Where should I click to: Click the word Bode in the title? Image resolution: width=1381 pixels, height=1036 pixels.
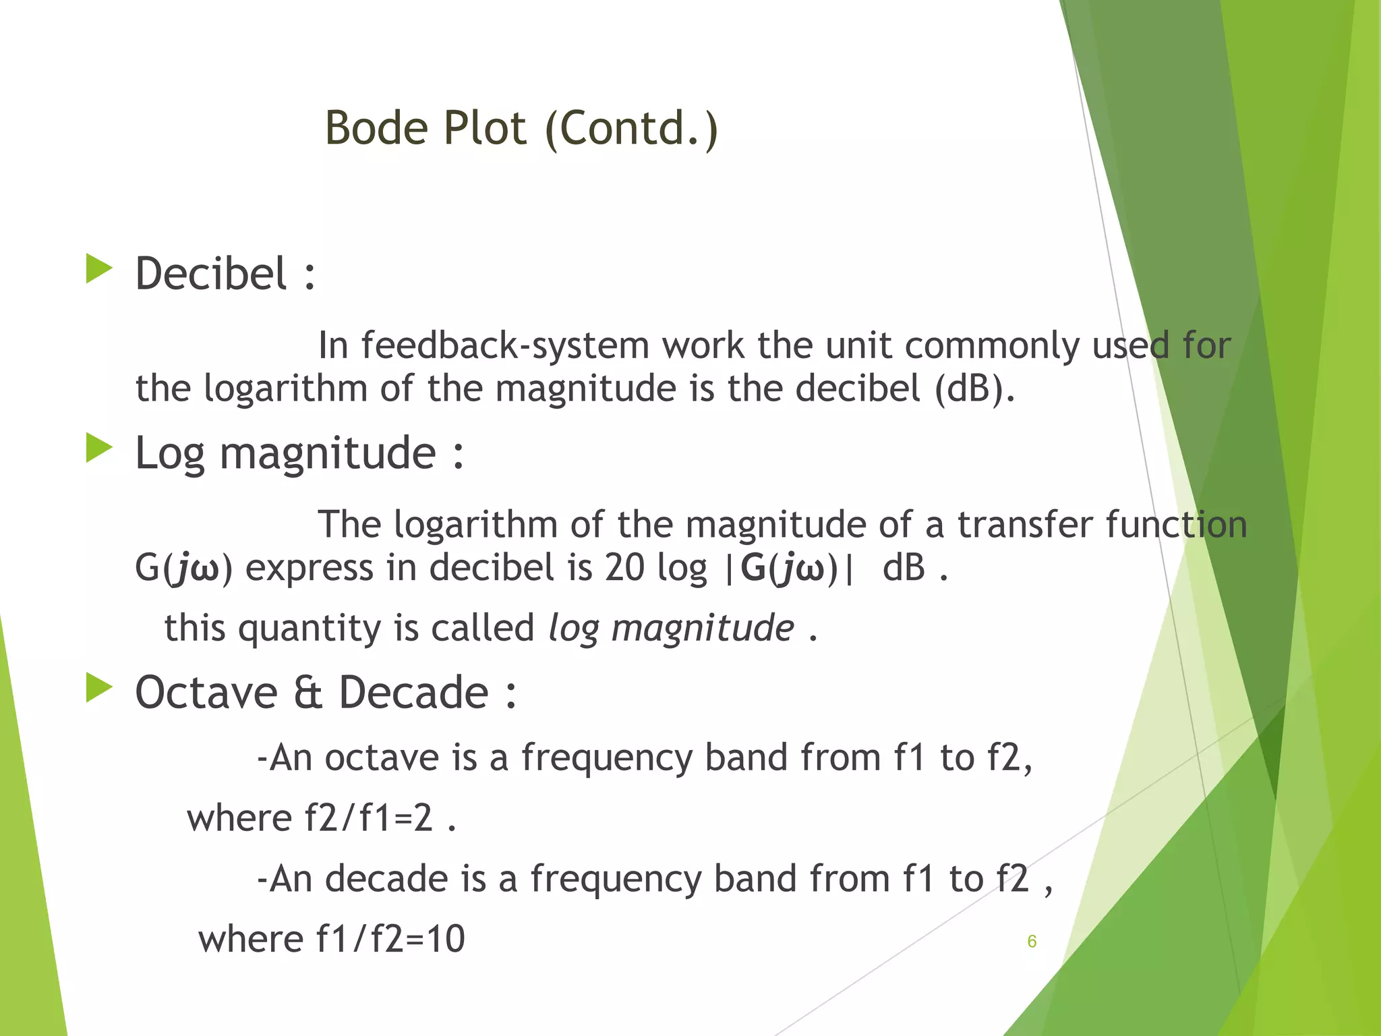pyautogui.click(x=376, y=128)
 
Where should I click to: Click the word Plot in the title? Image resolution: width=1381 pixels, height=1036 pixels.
pyautogui.click(x=483, y=128)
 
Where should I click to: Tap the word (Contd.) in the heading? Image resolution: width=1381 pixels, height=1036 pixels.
pyautogui.click(x=631, y=128)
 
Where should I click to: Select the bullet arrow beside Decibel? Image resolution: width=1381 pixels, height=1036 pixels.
pyautogui.click(x=99, y=269)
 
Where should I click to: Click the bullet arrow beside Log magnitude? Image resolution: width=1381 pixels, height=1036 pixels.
pyautogui.click(x=99, y=449)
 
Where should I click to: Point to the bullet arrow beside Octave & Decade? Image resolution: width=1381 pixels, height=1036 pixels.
pyautogui.click(x=99, y=688)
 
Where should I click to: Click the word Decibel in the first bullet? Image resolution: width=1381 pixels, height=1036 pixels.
pyautogui.click(x=211, y=274)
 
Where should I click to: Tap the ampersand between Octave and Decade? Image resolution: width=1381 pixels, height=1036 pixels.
pyautogui.click(x=307, y=693)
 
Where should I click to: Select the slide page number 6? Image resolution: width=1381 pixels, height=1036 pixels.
pyautogui.click(x=1032, y=942)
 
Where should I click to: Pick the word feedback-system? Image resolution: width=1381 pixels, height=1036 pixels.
pyautogui.click(x=506, y=345)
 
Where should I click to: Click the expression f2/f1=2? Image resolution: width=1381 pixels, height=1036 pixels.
pyautogui.click(x=368, y=818)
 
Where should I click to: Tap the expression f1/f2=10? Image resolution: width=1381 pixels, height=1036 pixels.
pyautogui.click(x=390, y=939)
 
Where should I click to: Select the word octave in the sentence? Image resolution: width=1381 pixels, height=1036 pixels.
pyautogui.click(x=382, y=757)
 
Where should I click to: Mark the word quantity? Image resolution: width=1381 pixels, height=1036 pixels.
pyautogui.click(x=310, y=629)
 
